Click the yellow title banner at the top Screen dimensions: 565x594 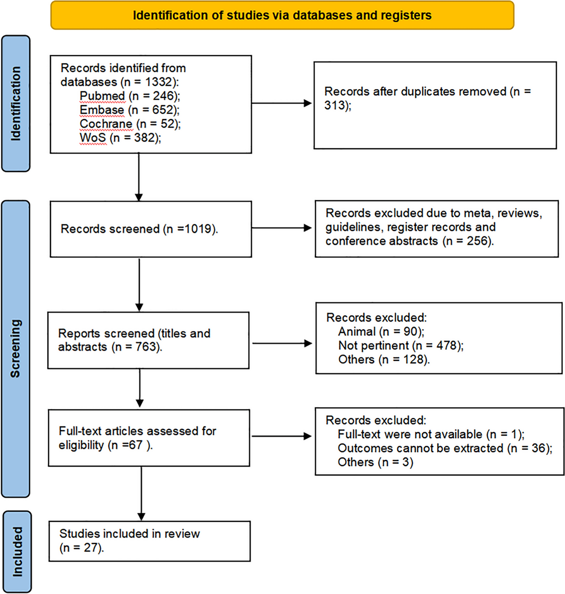(x=282, y=15)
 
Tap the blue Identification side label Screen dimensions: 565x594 (x=16, y=103)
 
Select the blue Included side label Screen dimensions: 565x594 (x=17, y=552)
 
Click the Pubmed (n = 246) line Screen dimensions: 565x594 (x=130, y=96)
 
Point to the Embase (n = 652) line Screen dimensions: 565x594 (x=130, y=110)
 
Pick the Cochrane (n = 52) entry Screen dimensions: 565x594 (x=130, y=124)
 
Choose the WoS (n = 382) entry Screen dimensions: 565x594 (x=120, y=138)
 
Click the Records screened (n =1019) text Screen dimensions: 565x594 (x=139, y=229)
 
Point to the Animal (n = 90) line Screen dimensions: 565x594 (x=381, y=332)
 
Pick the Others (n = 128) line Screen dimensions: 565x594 (x=384, y=359)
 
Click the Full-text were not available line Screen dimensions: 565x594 (x=431, y=435)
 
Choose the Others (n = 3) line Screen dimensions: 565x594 (x=376, y=462)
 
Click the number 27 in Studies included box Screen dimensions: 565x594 (x=90, y=548)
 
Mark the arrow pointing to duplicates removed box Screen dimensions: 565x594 (x=282, y=103)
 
